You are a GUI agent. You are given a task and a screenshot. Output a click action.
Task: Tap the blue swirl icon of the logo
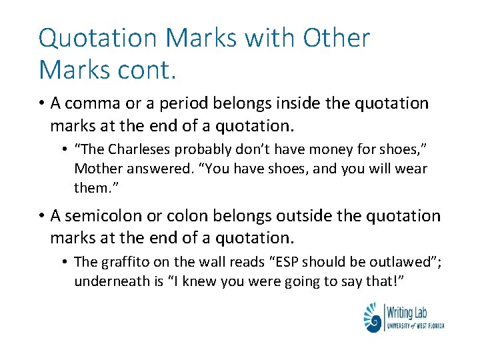(x=373, y=317)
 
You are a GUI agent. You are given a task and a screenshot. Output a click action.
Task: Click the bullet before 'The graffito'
(x=67, y=263)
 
